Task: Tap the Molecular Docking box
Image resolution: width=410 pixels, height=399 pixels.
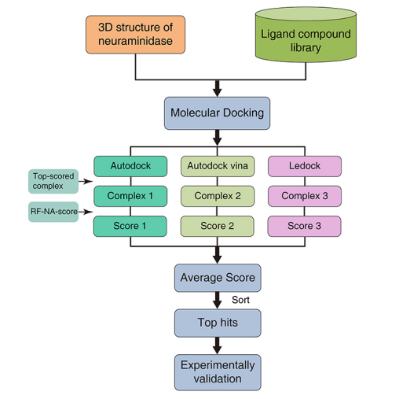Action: point(217,113)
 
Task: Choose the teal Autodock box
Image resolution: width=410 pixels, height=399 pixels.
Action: point(130,166)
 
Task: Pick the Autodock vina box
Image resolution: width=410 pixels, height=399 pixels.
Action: point(218,166)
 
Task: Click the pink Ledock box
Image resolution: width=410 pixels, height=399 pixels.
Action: point(305,166)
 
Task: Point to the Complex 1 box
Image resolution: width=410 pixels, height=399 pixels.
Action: point(130,196)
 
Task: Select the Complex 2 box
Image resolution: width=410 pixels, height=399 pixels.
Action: point(218,196)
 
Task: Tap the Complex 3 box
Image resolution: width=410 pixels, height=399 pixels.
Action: point(305,196)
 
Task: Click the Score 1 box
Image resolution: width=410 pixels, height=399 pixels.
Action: point(130,226)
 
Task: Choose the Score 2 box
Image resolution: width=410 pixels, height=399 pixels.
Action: point(218,226)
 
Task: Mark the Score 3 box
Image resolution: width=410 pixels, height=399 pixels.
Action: point(305,226)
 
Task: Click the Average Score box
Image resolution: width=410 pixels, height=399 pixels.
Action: point(218,278)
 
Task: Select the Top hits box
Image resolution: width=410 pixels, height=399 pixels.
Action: point(218,323)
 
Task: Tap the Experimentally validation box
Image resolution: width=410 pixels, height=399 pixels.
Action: point(218,371)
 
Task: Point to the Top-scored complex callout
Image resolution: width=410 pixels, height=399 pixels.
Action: point(53,181)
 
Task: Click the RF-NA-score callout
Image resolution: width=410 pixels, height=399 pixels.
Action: point(53,212)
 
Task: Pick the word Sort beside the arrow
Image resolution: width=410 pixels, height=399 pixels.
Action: point(241,301)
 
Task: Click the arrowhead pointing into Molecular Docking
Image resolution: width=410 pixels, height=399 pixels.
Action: point(218,91)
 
